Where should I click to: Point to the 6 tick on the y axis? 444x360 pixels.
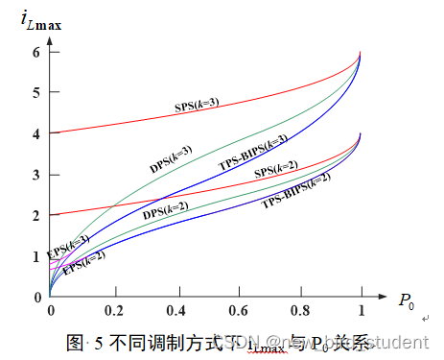coord(37,52)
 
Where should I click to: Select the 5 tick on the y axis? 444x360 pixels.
coord(37,93)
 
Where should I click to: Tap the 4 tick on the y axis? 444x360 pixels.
coord(37,133)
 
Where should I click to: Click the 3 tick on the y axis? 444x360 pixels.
coord(37,175)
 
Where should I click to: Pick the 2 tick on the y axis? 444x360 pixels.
coord(37,215)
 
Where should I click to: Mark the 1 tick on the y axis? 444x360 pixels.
coord(37,256)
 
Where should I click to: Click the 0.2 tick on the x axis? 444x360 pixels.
coord(114,310)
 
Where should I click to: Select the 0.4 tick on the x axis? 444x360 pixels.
coord(177,310)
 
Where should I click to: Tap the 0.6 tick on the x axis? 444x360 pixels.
coord(240,310)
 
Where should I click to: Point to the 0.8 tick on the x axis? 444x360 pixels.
coord(302,310)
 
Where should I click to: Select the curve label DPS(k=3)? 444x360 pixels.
coord(170,159)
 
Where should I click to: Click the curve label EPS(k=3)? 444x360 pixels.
coord(67,247)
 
